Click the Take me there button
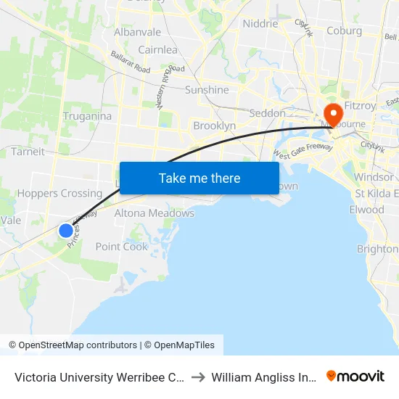(199, 178)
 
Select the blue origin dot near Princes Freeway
(66, 231)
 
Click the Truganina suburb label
(87, 116)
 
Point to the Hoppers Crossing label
(59, 194)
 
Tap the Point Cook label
(122, 247)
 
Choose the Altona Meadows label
(154, 213)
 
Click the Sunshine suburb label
(207, 90)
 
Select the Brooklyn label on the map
(214, 126)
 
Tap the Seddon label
(267, 113)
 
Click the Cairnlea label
(157, 50)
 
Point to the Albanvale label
(137, 32)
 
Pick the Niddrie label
(260, 23)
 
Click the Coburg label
(344, 30)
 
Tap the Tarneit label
(28, 152)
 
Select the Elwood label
(366, 210)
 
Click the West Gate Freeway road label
(303, 151)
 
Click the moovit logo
(355, 376)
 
